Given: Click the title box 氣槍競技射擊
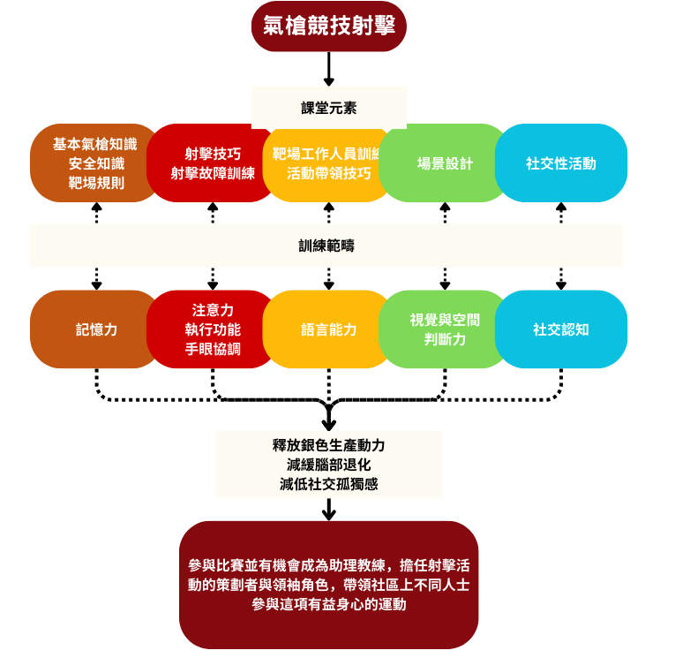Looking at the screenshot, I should pyautogui.click(x=328, y=26).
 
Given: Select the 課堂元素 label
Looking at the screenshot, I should pyautogui.click(x=328, y=109).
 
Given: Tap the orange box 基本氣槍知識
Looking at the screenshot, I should pyautogui.click(x=88, y=163).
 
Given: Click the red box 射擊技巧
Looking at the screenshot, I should pyautogui.click(x=212, y=163).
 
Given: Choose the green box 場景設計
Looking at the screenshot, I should pyautogui.click(x=445, y=163).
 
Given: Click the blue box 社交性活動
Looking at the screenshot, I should pyautogui.click(x=561, y=163).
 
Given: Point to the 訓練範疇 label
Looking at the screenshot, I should pyautogui.click(x=326, y=246).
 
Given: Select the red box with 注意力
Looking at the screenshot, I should pyautogui.click(x=212, y=329).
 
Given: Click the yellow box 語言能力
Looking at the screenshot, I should pyautogui.click(x=328, y=329).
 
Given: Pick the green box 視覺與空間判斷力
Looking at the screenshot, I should pyautogui.click(x=445, y=329).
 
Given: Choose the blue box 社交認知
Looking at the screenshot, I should pyautogui.click(x=561, y=329).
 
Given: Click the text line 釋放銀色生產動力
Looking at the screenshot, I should pyautogui.click(x=329, y=445).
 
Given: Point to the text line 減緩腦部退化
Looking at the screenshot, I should pyautogui.click(x=329, y=465).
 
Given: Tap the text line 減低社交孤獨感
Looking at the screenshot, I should pyautogui.click(x=329, y=484).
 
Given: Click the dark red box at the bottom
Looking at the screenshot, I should pyautogui.click(x=328, y=585).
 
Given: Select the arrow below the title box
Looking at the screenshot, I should pyautogui.click(x=328, y=69).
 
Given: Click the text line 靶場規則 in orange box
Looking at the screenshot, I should pyautogui.click(x=96, y=183).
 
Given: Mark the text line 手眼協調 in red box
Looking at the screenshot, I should pyautogui.click(x=213, y=349).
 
